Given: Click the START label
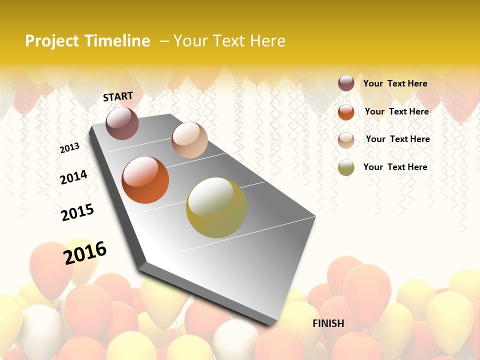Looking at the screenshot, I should (x=118, y=96).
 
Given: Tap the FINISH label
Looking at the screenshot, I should (x=328, y=323).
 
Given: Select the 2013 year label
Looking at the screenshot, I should (x=69, y=148).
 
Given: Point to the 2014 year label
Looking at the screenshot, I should (x=73, y=177).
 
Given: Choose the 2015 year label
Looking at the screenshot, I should (x=77, y=212).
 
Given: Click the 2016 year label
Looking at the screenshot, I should (x=85, y=252).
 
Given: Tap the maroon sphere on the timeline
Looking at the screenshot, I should (x=122, y=123).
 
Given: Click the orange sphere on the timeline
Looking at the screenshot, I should (x=145, y=180).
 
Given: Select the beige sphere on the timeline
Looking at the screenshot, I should (x=189, y=140).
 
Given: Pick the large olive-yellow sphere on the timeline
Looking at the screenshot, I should (x=216, y=207).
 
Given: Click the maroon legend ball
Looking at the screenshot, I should (x=346, y=83).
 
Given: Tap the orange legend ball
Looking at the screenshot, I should (x=346, y=111).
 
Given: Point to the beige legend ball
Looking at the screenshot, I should (x=346, y=139).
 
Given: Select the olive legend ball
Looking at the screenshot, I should (x=346, y=167).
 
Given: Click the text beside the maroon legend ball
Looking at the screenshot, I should (x=395, y=83).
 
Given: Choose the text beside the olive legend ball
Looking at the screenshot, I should (x=395, y=167).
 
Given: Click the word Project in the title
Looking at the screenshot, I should (x=51, y=41).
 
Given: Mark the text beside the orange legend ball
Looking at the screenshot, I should (x=396, y=111).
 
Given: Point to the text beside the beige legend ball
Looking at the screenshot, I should (x=397, y=139).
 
